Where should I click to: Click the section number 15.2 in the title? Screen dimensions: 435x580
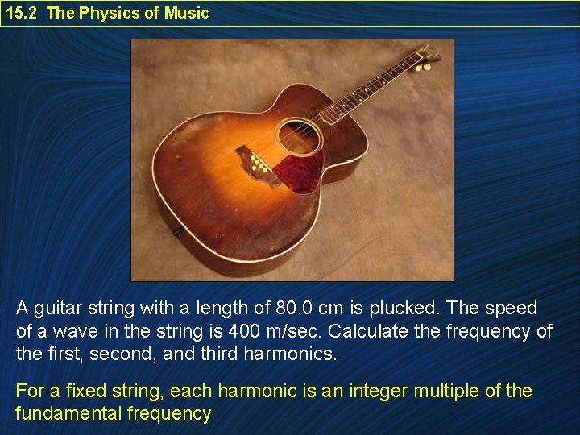[x=22, y=13]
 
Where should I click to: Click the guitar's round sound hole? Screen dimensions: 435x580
[x=300, y=136]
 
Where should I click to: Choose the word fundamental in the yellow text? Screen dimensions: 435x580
[x=68, y=414]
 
